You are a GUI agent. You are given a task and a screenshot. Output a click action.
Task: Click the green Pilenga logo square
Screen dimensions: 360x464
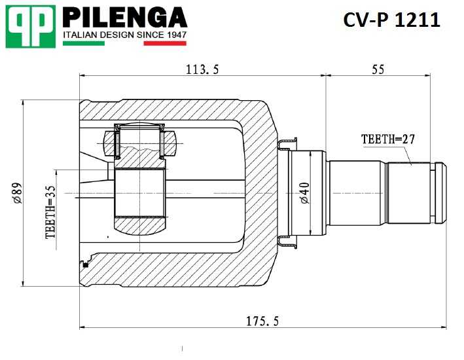tap(29, 26)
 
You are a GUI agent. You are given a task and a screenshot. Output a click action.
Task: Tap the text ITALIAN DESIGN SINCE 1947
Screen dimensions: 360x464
tap(124, 34)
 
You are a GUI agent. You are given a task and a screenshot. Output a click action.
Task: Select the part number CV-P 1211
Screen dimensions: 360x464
tap(391, 20)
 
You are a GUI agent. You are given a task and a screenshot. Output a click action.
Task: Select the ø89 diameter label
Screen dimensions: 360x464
tap(18, 193)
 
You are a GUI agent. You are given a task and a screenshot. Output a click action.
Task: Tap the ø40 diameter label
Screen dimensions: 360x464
tap(304, 193)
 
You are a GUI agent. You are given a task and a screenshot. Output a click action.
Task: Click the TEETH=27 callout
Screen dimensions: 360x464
tap(388, 139)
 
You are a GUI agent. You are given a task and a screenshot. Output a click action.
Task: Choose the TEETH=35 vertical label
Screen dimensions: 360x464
tap(51, 211)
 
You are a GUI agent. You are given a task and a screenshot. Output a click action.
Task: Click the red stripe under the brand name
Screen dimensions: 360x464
tap(164, 43)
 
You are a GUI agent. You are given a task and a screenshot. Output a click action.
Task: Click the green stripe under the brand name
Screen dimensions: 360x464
tap(83, 43)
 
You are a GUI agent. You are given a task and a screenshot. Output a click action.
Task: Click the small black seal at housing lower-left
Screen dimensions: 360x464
tap(84, 264)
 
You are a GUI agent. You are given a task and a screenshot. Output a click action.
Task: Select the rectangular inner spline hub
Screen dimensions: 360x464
tap(141, 193)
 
